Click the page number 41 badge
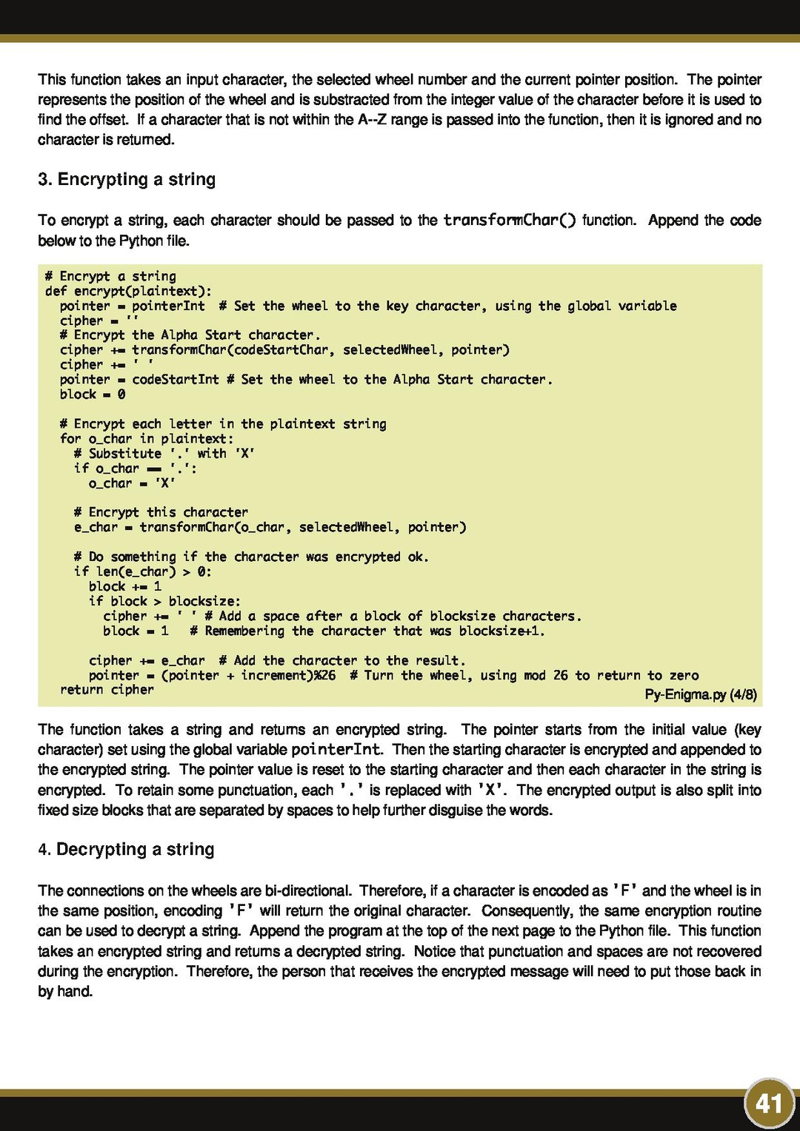tap(769, 1104)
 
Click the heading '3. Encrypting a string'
tap(127, 180)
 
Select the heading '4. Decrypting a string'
tap(126, 850)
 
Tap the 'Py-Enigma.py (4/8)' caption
tap(700, 694)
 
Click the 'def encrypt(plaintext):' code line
tap(128, 291)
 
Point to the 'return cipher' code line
tap(107, 690)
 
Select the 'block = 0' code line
tap(93, 395)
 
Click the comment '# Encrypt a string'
tap(110, 276)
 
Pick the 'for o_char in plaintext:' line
tap(147, 439)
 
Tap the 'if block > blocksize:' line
tap(164, 601)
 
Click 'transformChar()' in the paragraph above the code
tap(509, 221)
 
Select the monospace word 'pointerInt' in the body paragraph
tap(336, 750)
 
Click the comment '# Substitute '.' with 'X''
tap(164, 454)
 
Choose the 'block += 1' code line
tap(124, 586)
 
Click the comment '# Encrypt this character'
tap(161, 512)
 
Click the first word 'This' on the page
tap(52, 80)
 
